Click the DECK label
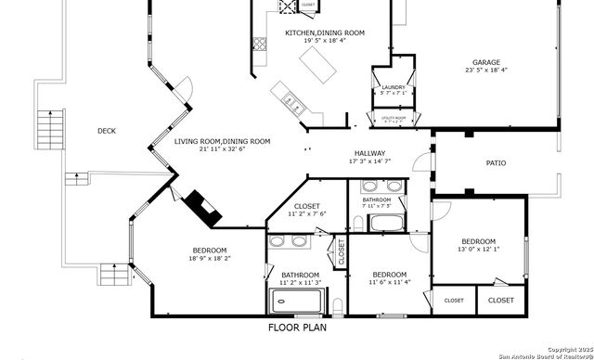(107, 131)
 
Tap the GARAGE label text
(486, 63)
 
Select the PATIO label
(497, 163)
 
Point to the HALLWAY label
(369, 153)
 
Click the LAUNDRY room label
(394, 87)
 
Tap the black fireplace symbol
(203, 208)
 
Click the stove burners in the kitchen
(285, 7)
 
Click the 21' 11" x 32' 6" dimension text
(222, 149)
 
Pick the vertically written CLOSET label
(342, 252)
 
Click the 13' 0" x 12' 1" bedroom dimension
(478, 249)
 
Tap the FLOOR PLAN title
(297, 328)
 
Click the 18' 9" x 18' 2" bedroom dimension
(210, 259)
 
